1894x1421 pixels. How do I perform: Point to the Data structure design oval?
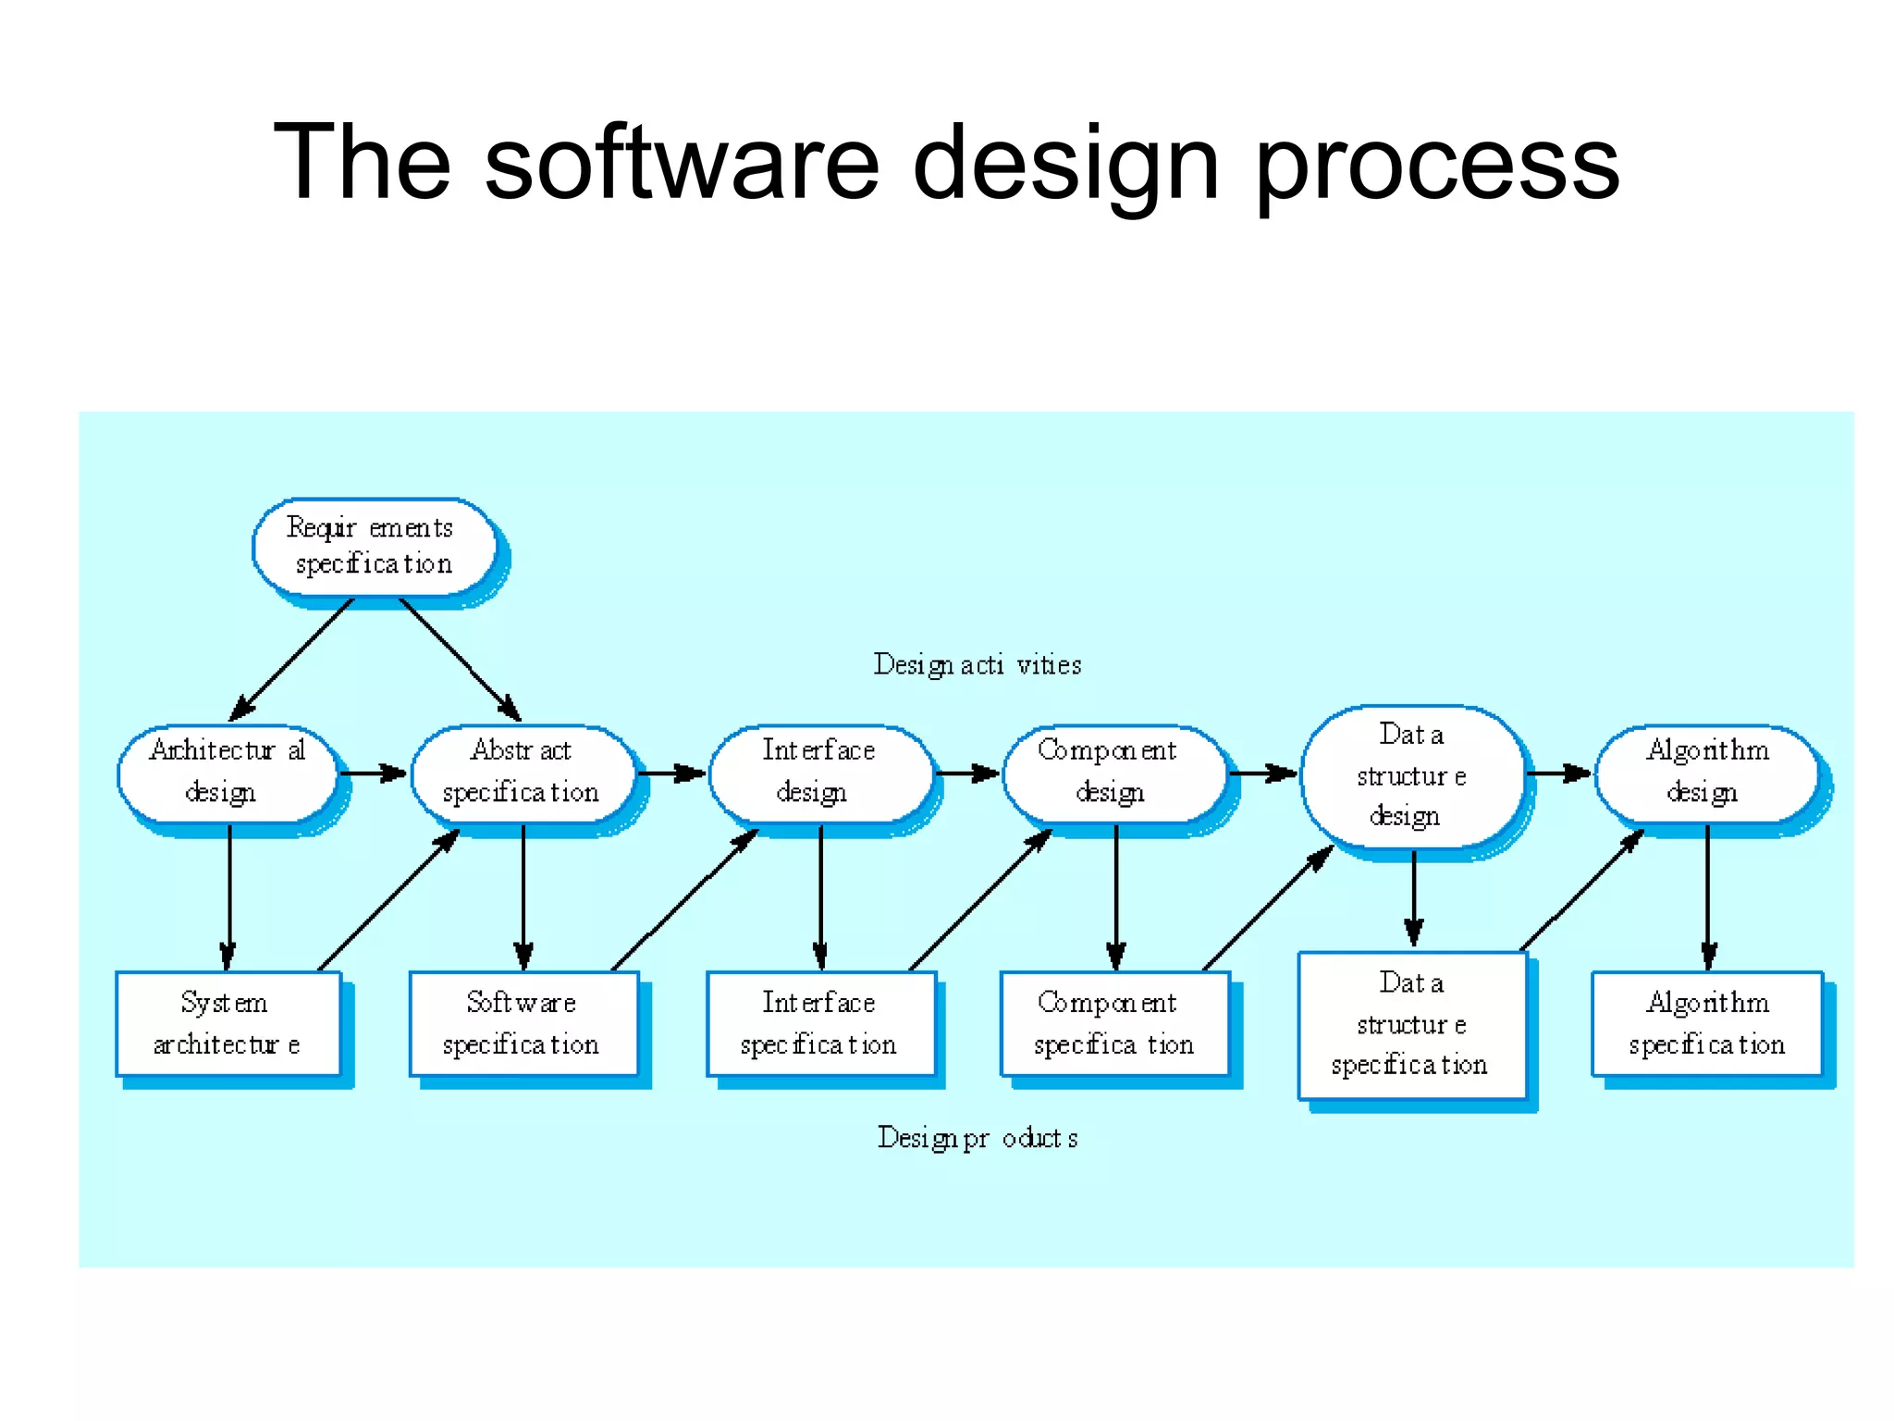1411,775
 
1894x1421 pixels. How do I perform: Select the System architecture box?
228,1023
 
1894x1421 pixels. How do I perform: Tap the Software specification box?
523,1023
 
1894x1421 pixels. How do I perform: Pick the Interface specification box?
820,1023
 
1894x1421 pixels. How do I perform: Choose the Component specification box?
1114,1023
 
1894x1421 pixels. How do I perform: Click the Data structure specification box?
1411,1025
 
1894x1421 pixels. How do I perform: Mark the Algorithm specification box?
1707,1023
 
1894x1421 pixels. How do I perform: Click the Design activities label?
978,664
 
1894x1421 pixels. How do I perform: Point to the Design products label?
978,1137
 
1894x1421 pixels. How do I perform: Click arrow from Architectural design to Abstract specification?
374,772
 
